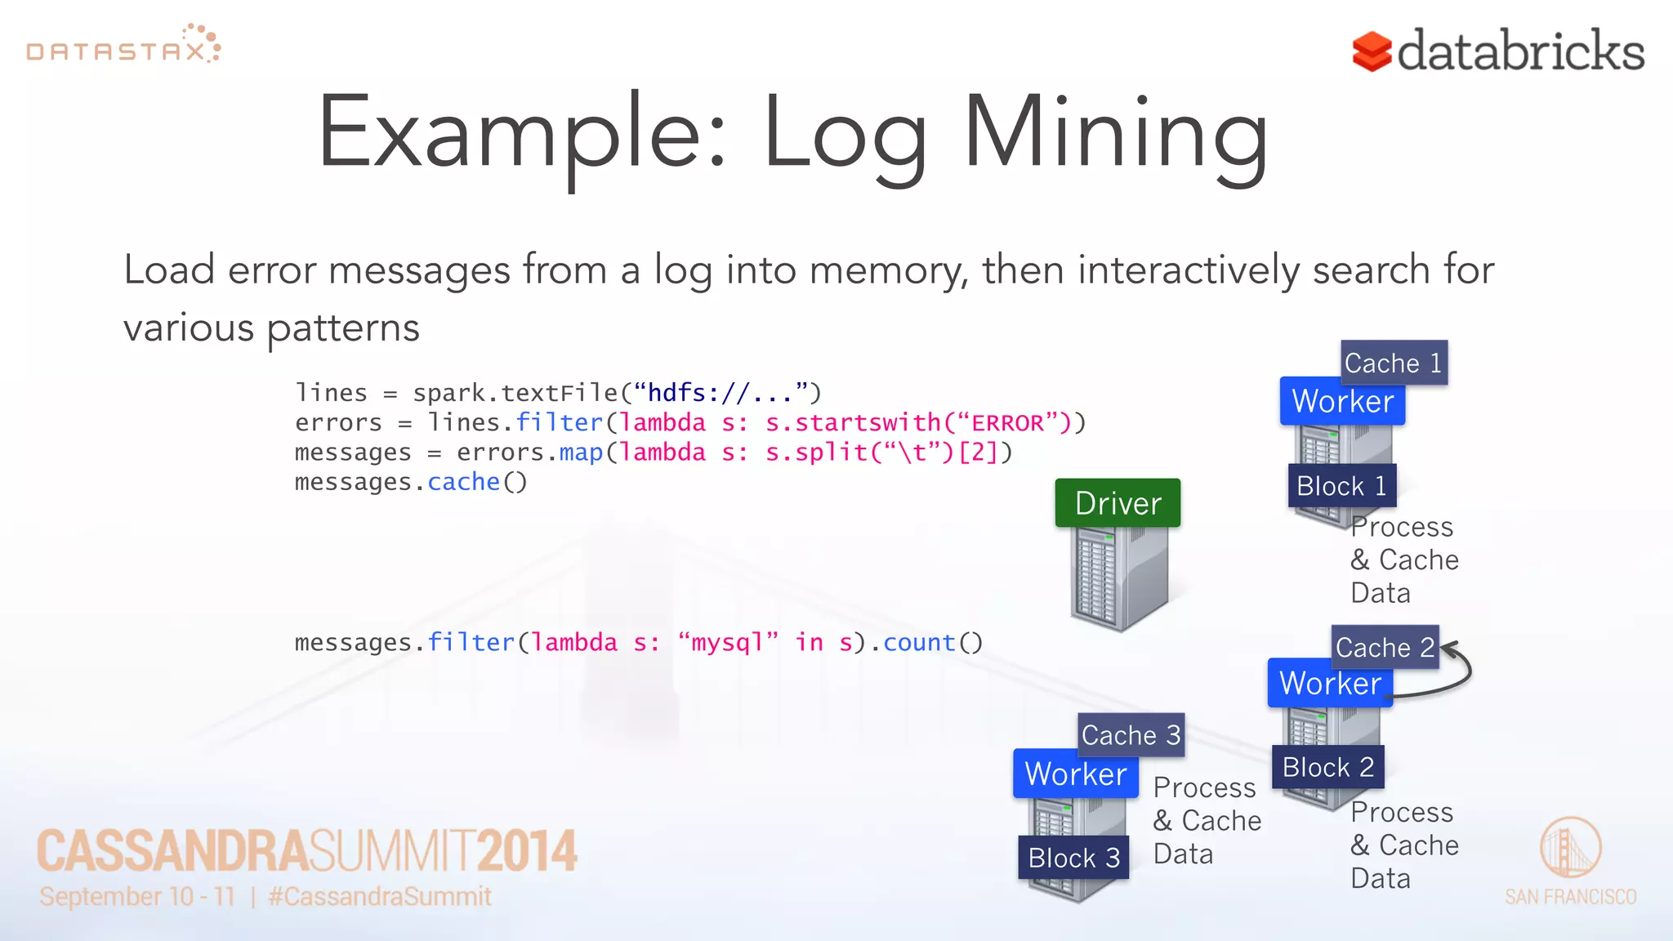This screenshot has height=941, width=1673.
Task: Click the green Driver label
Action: click(x=1118, y=503)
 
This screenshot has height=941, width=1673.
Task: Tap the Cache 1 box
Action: click(x=1394, y=363)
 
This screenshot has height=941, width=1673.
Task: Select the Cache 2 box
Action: click(x=1385, y=648)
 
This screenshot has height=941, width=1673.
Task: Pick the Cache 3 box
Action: click(x=1131, y=735)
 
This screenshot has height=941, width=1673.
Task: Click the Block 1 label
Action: click(x=1341, y=486)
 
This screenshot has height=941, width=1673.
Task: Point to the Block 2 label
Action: click(x=1327, y=767)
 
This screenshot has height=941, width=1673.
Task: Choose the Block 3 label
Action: click(x=1073, y=858)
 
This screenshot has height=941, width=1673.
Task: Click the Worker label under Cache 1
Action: click(x=1342, y=401)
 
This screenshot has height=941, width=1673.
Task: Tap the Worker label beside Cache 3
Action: click(x=1075, y=774)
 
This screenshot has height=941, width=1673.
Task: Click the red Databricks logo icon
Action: click(x=1372, y=51)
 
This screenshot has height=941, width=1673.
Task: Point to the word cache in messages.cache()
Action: click(x=463, y=482)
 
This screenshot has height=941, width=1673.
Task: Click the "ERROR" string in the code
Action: click(x=1006, y=423)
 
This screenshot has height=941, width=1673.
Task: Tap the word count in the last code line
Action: click(x=919, y=643)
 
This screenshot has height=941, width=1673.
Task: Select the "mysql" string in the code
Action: click(x=728, y=643)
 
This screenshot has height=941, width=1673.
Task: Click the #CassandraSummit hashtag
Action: click(x=380, y=896)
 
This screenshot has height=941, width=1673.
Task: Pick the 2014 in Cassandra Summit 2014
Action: click(x=527, y=851)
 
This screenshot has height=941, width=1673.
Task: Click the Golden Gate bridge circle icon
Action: click(x=1570, y=848)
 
